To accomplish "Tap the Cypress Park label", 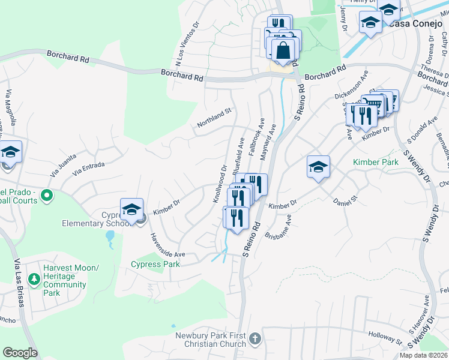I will click(x=155, y=265).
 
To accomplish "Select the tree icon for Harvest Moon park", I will click(x=34, y=279).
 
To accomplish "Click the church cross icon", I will click(x=255, y=339).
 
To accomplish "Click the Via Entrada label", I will click(x=88, y=169).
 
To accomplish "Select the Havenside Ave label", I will click(x=167, y=247).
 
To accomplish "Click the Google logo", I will click(x=20, y=353).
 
